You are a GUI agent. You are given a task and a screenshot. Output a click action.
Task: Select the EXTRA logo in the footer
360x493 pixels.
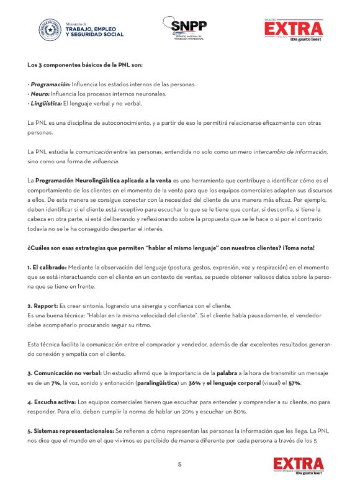(299, 465)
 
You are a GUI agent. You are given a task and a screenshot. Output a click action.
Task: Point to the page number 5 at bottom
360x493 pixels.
(180, 464)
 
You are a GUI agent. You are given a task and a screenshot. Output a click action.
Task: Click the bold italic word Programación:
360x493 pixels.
(50, 84)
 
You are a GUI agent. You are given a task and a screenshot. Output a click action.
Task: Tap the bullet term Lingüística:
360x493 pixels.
(45, 103)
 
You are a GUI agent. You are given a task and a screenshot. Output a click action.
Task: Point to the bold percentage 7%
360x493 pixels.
(55, 384)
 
